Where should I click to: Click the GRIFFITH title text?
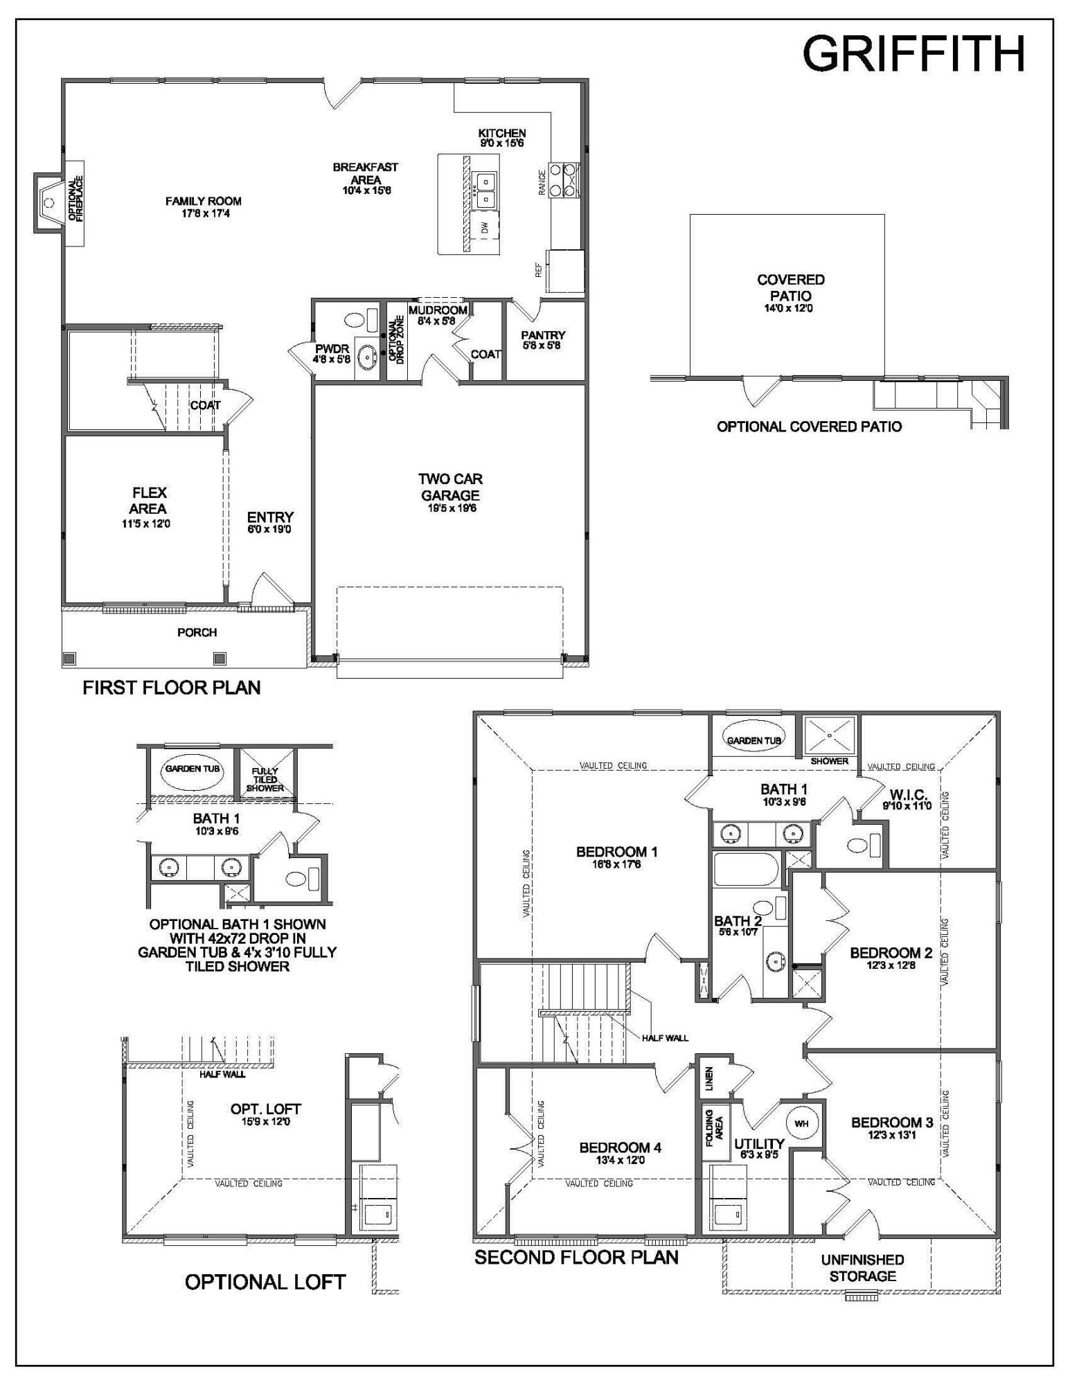[913, 53]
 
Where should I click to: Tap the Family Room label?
[203, 202]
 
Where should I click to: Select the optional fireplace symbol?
[49, 202]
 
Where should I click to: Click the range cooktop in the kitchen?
[564, 179]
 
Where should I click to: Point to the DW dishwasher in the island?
[485, 226]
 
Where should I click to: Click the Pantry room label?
[543, 335]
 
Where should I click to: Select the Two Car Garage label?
[450, 487]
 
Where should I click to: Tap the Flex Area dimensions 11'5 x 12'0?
[146, 524]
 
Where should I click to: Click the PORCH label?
[197, 632]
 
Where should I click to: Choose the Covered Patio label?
[790, 287]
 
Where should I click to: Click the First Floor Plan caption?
[171, 688]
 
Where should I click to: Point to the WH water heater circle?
[801, 1124]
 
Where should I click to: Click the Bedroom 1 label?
[616, 852]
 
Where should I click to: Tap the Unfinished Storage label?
[862, 1268]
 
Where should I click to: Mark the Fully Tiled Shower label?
[265, 779]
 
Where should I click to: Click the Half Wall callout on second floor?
[665, 1038]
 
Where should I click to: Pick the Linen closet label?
[709, 1079]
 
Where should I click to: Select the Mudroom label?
[438, 310]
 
